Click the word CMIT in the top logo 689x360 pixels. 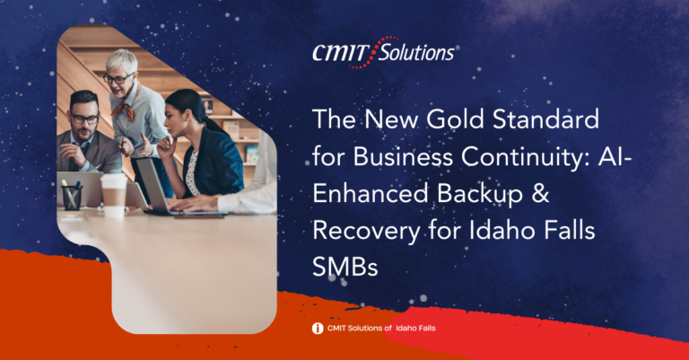tap(339, 53)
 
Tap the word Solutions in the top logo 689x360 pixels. tap(416, 52)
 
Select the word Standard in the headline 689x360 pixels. tap(545, 119)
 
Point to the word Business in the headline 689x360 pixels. tap(403, 156)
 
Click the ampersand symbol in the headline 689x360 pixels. tap(540, 194)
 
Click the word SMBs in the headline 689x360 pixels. tap(344, 267)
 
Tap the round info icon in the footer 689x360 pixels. tap(318, 329)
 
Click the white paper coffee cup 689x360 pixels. tap(114, 195)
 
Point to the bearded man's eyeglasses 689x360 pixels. tap(84, 118)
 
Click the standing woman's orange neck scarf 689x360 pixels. tap(126, 107)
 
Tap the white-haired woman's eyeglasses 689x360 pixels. tap(118, 79)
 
